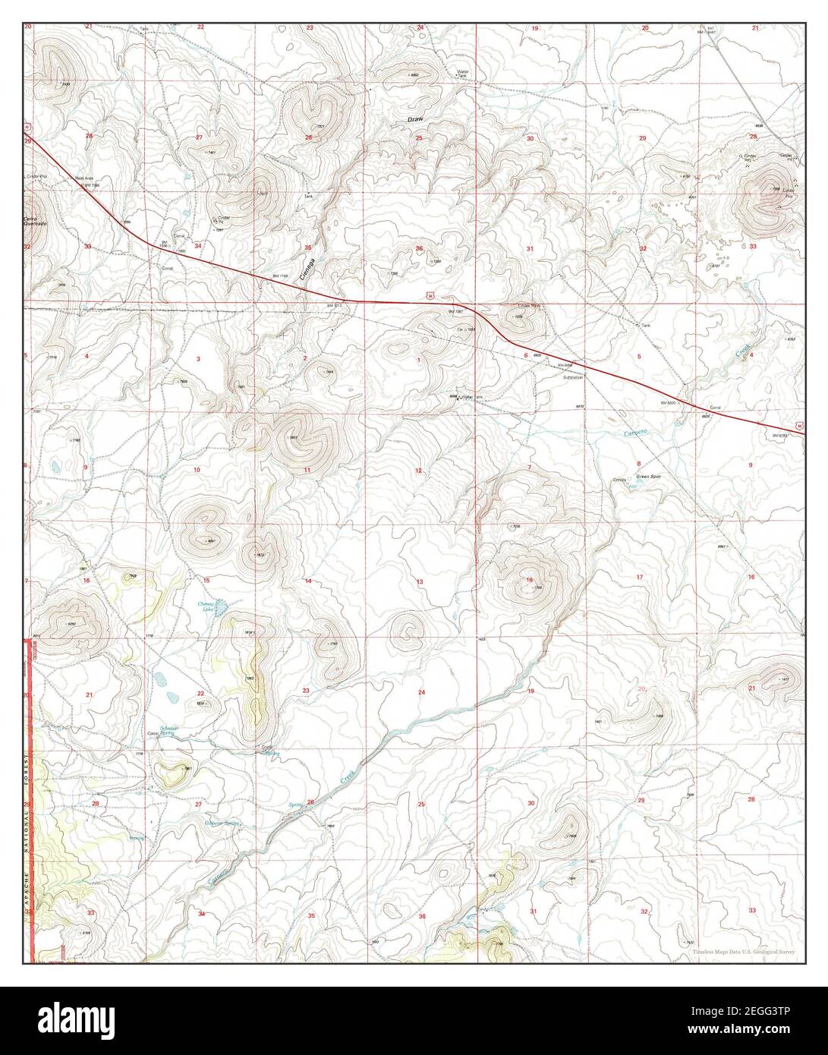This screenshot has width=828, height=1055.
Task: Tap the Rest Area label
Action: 83,178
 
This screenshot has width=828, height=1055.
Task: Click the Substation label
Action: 573,377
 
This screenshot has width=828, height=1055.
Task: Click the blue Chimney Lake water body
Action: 221,606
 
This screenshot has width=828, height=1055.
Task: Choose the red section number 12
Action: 418,471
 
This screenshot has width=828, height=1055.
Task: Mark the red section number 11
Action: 307,471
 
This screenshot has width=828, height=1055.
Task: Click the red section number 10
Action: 197,471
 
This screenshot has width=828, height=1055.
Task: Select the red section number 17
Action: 640,578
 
